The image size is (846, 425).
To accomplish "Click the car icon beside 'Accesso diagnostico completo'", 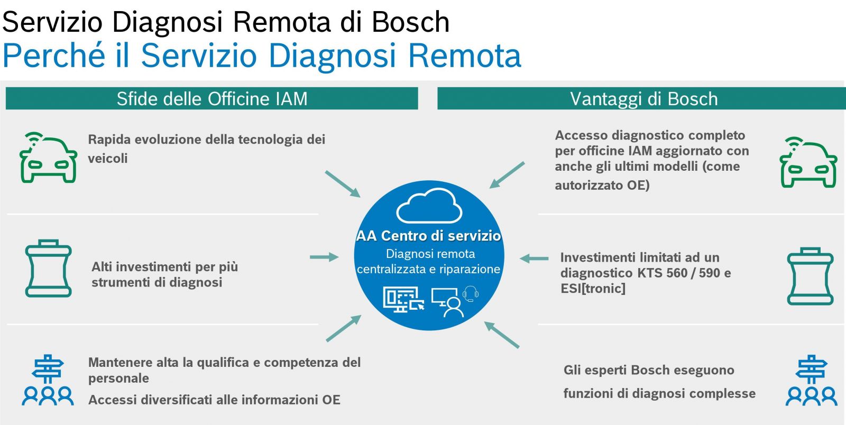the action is pos(808,162).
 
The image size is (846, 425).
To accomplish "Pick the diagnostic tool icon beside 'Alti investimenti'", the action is pos(48,269).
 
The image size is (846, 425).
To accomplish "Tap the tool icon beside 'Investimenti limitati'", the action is pos(811,276).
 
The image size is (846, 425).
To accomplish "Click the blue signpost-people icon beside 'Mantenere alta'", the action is pos(48,380).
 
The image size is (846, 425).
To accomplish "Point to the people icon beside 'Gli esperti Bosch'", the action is pos(811,380).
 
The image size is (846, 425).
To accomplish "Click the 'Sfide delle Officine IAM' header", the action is pos(212,98).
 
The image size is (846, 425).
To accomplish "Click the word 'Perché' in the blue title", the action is pos(54,56).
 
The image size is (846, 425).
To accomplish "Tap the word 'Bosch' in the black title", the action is pos(410,22).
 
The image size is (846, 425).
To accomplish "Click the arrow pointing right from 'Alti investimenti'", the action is pos(324,257).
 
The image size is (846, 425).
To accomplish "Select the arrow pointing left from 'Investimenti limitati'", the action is pos(534,258).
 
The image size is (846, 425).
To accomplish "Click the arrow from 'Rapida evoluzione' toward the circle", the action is pos(343,184).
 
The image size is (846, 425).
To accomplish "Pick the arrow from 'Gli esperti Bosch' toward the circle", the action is pos(502,335).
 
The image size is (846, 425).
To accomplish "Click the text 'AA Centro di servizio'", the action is pos(429,236).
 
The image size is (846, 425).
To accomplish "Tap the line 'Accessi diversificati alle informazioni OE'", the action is pos(214,400).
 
